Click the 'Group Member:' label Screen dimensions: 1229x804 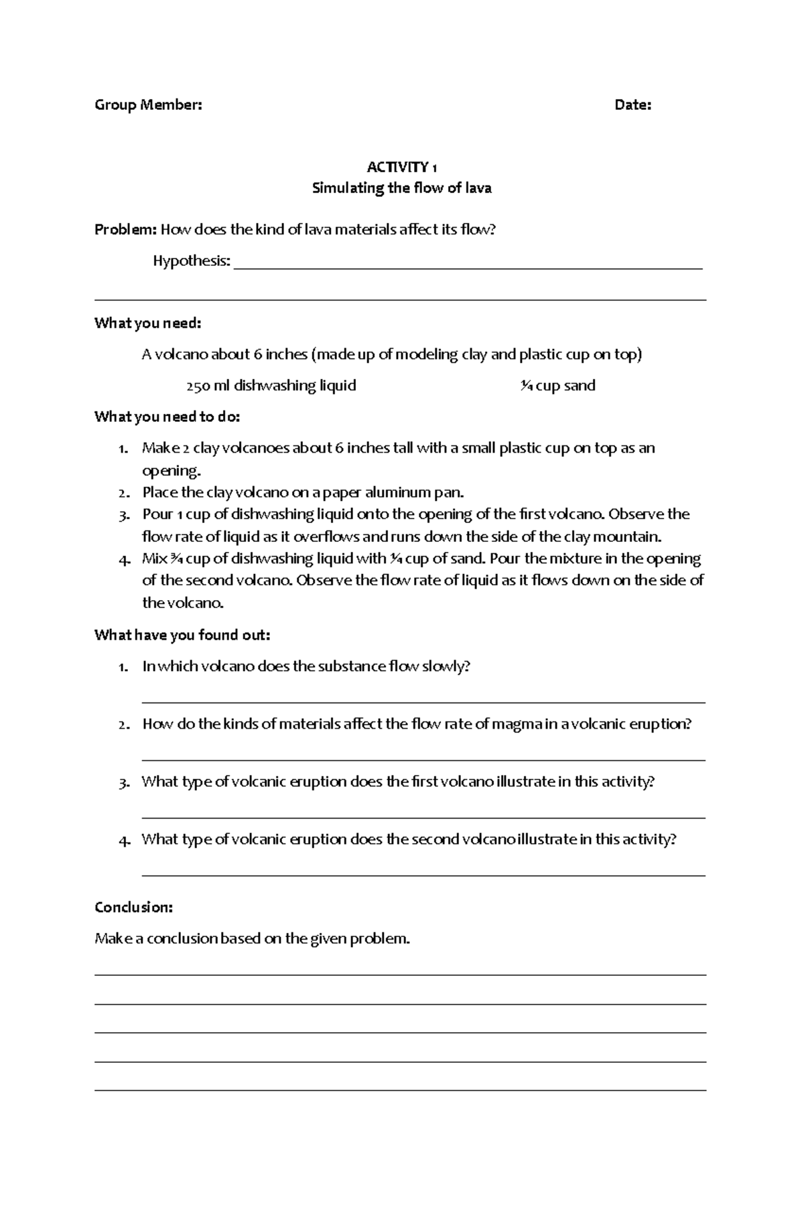[x=148, y=105]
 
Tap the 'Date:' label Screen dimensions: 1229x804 [x=632, y=105]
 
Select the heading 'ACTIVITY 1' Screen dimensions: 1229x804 [x=402, y=167]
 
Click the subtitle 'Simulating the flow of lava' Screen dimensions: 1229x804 [x=402, y=188]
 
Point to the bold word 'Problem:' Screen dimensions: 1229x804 [x=125, y=230]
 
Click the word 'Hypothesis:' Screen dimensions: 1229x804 [x=192, y=261]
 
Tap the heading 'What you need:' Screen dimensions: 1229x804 [x=148, y=323]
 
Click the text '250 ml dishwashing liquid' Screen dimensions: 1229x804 [x=271, y=386]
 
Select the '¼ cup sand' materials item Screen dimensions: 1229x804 [x=558, y=386]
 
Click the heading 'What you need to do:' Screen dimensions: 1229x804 [x=167, y=417]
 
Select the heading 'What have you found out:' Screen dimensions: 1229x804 [x=182, y=635]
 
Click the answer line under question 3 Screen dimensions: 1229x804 [x=423, y=818]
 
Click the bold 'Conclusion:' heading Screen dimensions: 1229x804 [x=134, y=908]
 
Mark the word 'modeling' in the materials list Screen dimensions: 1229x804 [x=426, y=355]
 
